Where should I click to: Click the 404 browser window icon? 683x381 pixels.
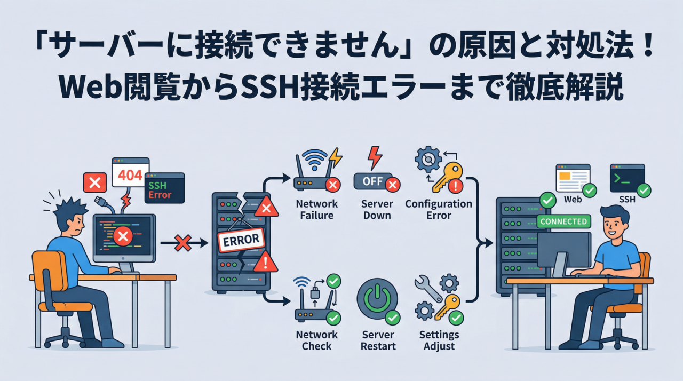pos(130,172)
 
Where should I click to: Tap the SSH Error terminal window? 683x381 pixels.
pos(164,188)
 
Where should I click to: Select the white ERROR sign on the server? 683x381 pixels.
pos(241,240)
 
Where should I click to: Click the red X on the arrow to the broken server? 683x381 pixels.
pos(183,243)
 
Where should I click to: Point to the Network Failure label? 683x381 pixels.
pos(316,209)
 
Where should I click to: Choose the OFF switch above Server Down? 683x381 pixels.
pos(373,181)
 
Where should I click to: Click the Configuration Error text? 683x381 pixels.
pos(439,209)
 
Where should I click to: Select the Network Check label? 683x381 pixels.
pos(316,340)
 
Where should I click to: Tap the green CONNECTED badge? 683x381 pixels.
pos(563,221)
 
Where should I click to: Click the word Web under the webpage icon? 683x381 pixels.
pos(573,200)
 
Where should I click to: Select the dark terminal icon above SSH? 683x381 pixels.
pos(627,178)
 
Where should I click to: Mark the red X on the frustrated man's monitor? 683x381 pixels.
pos(123,235)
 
